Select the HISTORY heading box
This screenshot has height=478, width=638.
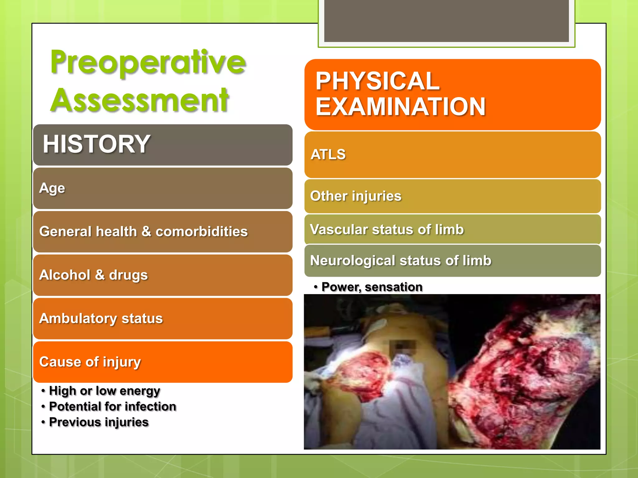(163, 145)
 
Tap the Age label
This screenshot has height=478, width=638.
(52, 188)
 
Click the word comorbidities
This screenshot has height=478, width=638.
(202, 232)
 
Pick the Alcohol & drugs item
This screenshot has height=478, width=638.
(93, 275)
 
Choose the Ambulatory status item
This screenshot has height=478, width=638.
(101, 318)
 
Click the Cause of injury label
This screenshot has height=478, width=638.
(90, 362)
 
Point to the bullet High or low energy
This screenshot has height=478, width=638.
(104, 391)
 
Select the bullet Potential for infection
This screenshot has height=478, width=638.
(112, 406)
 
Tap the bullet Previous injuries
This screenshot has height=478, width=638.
(99, 422)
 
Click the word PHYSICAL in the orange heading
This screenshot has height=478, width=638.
(377, 81)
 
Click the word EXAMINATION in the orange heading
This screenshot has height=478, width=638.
(401, 107)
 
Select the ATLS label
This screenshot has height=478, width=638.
(328, 154)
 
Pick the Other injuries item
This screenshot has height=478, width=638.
(356, 196)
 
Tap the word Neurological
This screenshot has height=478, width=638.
(352, 260)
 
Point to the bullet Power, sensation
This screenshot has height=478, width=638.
(372, 287)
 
